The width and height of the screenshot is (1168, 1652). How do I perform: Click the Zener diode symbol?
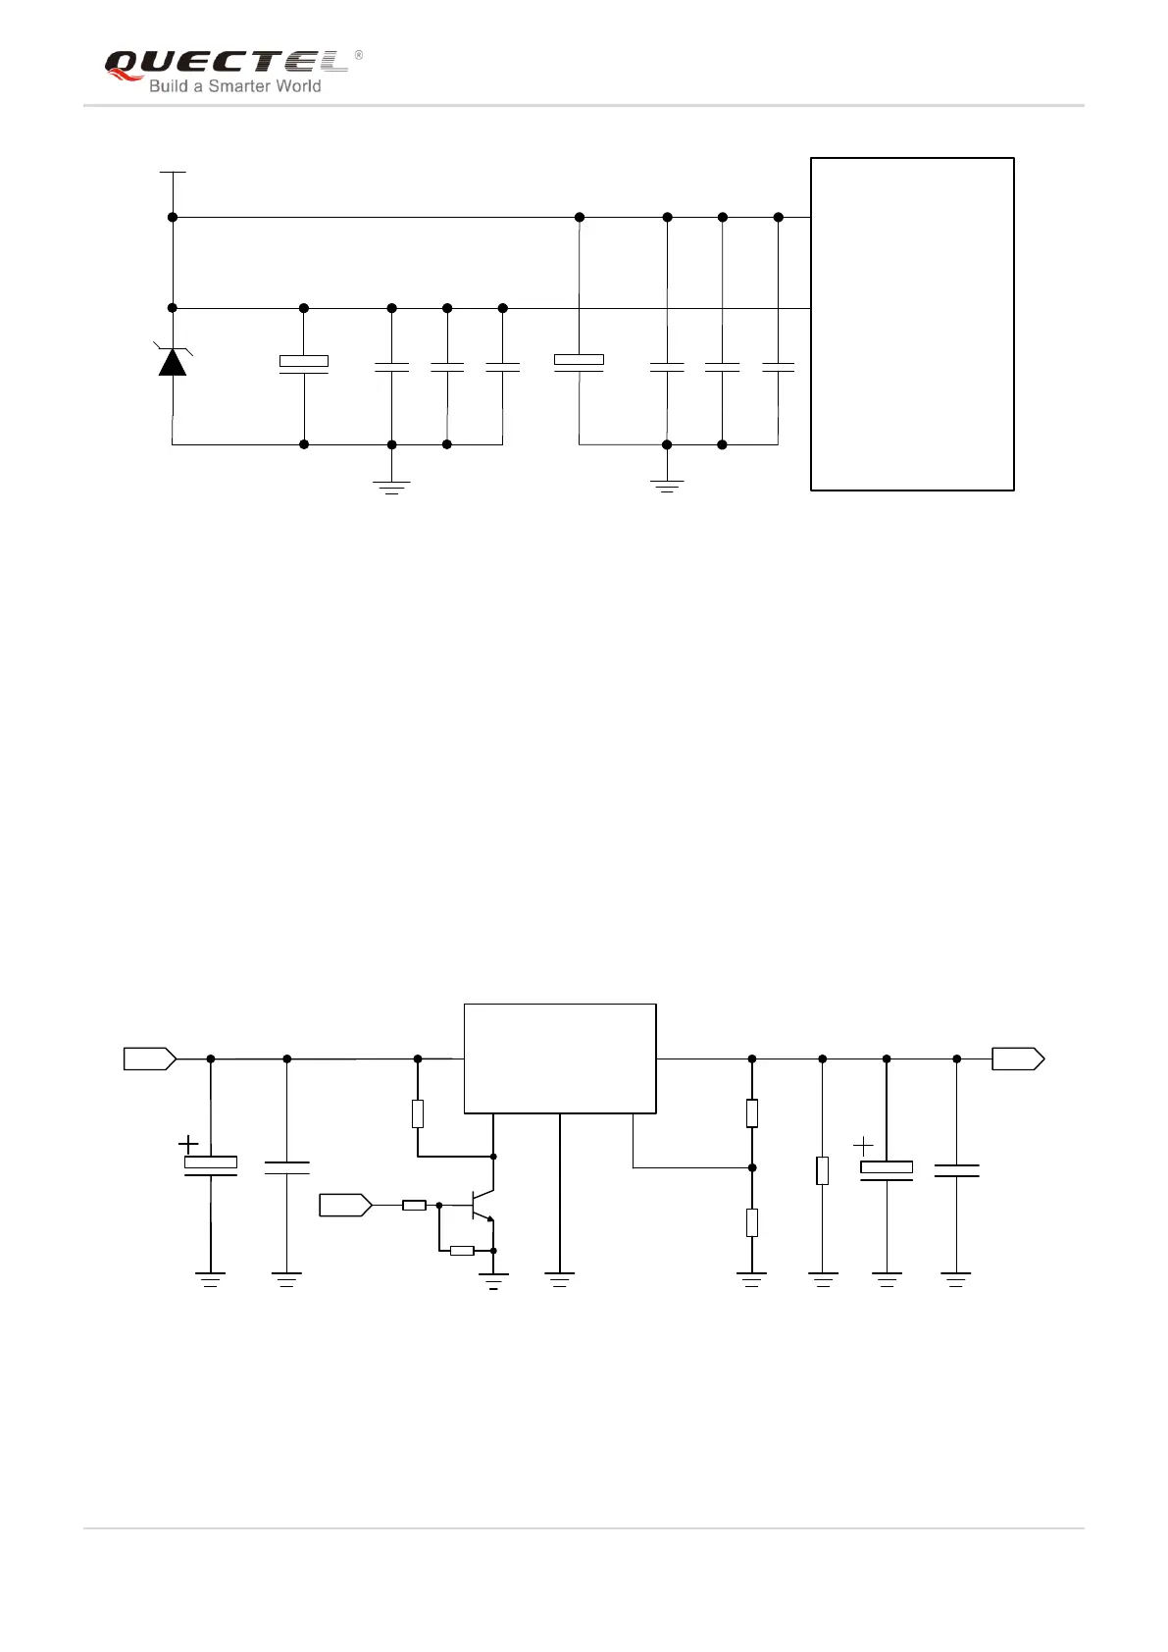173,361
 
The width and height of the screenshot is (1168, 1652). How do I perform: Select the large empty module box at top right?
912,324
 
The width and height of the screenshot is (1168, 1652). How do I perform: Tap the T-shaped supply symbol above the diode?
173,173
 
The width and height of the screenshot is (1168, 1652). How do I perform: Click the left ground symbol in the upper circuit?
392,486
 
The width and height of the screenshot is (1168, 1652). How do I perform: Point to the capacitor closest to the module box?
779,367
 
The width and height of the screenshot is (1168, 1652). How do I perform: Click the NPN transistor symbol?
481,1205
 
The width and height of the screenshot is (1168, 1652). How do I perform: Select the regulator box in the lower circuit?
559,1058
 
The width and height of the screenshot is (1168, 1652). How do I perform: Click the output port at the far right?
1018,1058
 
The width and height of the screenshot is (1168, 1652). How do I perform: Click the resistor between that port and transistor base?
414,1205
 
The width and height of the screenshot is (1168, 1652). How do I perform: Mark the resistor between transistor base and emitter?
462,1251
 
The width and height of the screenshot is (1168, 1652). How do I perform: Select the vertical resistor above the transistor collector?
418,1113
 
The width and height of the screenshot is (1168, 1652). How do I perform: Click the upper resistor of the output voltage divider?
752,1113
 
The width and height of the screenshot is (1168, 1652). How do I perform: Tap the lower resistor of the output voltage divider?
752,1222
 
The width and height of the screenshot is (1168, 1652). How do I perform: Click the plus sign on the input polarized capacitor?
188,1144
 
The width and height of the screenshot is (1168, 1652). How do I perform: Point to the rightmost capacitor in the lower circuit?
956,1170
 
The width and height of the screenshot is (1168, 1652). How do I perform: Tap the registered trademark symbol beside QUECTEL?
358,56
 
